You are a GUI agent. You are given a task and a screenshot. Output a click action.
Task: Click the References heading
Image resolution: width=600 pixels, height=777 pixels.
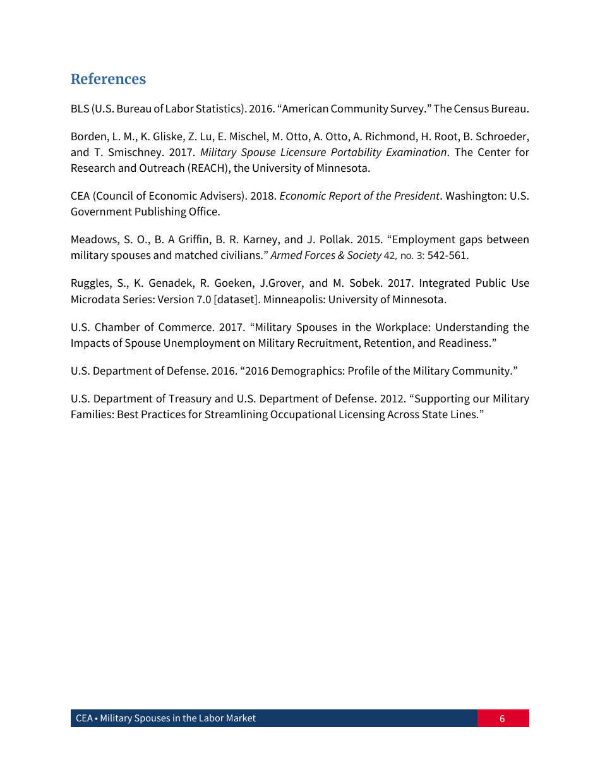108,79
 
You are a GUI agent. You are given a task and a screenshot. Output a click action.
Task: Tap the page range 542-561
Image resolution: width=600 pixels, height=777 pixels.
448,255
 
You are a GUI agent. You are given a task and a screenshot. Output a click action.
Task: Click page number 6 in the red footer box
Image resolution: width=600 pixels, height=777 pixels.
502,718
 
